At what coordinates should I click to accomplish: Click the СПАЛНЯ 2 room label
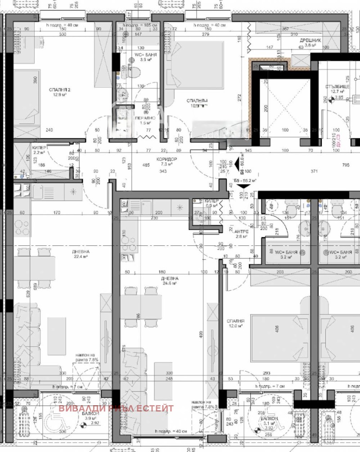pos(60,90)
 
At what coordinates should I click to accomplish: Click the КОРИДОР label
pos(166,159)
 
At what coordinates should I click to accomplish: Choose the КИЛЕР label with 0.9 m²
pos(211,201)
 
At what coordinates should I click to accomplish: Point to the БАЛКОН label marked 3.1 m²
pos(269,419)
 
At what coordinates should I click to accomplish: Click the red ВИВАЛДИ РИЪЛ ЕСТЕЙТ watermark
pos(116,408)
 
